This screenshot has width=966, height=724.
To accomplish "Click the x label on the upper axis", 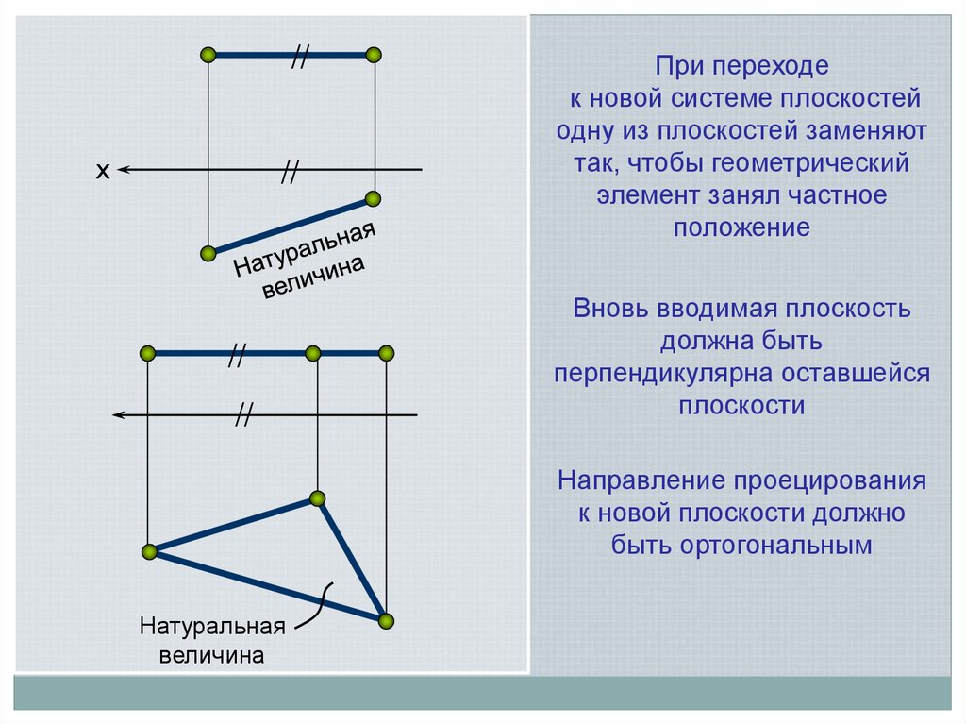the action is pyautogui.click(x=103, y=171).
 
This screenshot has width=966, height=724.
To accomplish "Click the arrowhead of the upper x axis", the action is pyautogui.click(x=124, y=170).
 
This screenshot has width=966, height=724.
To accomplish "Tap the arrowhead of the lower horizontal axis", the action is pyautogui.click(x=116, y=414).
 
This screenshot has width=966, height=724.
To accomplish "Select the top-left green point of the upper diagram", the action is pyautogui.click(x=208, y=55).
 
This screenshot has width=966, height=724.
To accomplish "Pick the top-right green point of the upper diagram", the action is pyautogui.click(x=375, y=55).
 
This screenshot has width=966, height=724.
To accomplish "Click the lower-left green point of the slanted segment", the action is pyautogui.click(x=208, y=253).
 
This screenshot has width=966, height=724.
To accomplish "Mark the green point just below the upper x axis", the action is pyautogui.click(x=373, y=198).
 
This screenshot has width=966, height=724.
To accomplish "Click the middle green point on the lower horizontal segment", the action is pyautogui.click(x=313, y=353).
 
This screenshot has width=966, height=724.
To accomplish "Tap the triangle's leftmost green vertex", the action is pyautogui.click(x=147, y=551).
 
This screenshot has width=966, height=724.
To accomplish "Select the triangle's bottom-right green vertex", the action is pyautogui.click(x=385, y=620).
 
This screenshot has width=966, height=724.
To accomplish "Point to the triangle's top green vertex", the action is pyautogui.click(x=318, y=497).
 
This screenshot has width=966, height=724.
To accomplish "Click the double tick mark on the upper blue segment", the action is pyautogui.click(x=299, y=58).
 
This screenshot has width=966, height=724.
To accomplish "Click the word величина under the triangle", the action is pyautogui.click(x=211, y=655).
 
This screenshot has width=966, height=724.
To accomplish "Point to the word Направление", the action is pyautogui.click(x=639, y=480).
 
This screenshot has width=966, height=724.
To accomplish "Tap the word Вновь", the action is pyautogui.click(x=606, y=308).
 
